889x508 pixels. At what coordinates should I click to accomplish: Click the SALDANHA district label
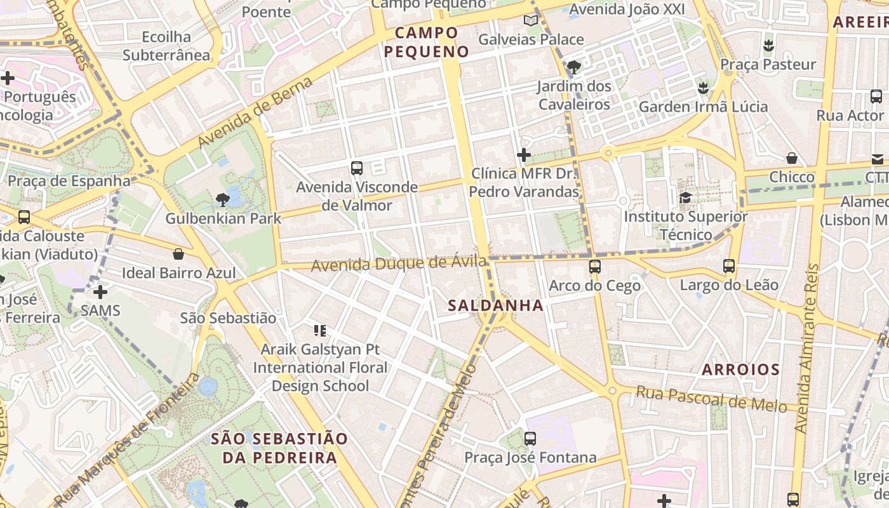click(495, 305)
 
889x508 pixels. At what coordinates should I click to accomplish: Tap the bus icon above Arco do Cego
click(594, 267)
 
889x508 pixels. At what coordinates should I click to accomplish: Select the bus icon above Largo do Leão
click(729, 266)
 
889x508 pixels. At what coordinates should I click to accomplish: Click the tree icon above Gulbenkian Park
click(222, 200)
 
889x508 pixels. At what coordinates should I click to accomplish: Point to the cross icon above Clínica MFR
click(523, 154)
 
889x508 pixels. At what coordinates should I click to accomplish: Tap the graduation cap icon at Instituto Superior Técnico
click(685, 197)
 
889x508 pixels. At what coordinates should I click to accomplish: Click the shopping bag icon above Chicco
click(791, 158)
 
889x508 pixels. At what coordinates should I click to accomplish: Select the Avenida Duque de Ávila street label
click(399, 263)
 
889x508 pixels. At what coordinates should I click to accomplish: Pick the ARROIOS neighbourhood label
click(740, 370)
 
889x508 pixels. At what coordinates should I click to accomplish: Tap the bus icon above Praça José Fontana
click(530, 438)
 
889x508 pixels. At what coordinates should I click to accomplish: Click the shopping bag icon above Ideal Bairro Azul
click(178, 254)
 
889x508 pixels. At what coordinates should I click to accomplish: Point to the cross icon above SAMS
click(100, 292)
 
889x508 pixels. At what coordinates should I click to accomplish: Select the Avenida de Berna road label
click(256, 112)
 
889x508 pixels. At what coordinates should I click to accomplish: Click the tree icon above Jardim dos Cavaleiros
click(573, 67)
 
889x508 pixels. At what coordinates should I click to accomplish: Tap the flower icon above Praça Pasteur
click(768, 46)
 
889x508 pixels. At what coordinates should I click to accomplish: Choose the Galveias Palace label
click(530, 39)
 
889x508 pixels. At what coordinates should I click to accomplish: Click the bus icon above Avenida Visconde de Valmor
click(356, 168)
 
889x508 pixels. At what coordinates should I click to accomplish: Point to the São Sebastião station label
click(228, 317)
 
